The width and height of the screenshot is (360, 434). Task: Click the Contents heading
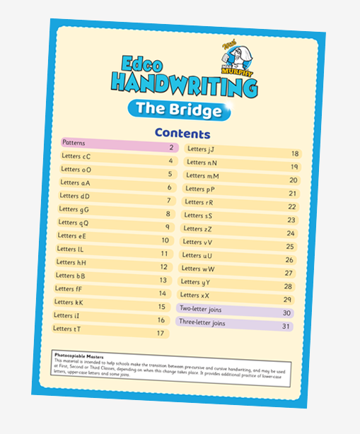182,134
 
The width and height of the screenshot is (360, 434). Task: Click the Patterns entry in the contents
74,143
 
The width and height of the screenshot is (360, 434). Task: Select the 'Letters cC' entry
76,157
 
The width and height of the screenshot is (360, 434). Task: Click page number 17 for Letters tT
161,333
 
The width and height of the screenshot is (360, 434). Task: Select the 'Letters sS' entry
198,215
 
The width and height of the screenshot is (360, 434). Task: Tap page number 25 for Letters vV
290,247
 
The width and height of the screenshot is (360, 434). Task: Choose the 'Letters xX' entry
194,295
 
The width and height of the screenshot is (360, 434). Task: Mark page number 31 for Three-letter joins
286,327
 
